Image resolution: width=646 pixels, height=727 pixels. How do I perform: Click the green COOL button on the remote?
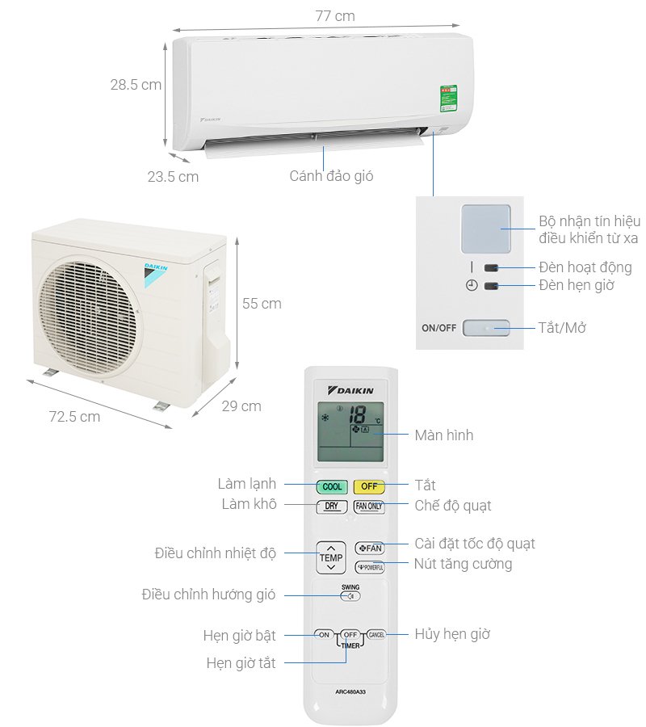click(332, 487)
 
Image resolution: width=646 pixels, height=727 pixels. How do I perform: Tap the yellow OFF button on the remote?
click(369, 486)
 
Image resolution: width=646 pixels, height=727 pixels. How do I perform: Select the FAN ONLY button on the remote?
click(369, 506)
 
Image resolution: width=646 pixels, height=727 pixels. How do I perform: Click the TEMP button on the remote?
click(331, 557)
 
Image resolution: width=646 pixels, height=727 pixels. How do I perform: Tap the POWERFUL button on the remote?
click(369, 567)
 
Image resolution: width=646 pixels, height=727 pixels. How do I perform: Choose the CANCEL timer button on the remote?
click(376, 635)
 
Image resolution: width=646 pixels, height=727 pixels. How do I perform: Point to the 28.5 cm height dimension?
click(136, 84)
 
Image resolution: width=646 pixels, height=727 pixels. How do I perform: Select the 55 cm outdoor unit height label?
click(262, 304)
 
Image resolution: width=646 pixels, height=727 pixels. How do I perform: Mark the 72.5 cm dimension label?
click(74, 417)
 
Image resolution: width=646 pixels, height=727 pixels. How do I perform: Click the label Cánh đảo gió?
click(331, 175)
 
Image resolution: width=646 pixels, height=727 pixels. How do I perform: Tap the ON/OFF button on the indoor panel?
click(486, 328)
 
